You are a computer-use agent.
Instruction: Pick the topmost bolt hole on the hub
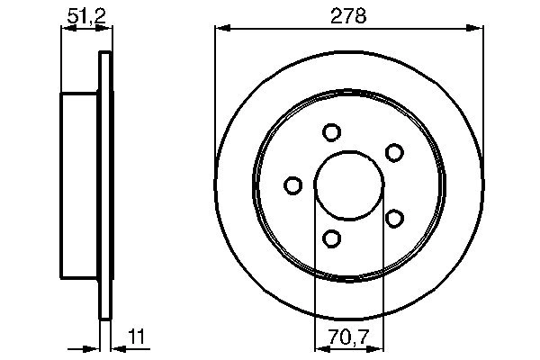click(x=331, y=133)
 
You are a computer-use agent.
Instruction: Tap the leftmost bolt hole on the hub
click(x=292, y=186)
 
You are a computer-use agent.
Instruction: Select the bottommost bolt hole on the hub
click(x=331, y=238)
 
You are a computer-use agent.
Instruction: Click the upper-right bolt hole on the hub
click(x=393, y=152)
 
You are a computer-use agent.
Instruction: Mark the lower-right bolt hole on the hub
click(x=393, y=219)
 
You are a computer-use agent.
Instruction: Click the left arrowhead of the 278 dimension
click(x=220, y=29)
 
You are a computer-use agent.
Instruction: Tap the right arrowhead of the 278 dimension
click(x=476, y=29)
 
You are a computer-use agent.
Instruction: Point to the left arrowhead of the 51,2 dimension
click(x=66, y=29)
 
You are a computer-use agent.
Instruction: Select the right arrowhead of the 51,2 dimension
click(x=109, y=29)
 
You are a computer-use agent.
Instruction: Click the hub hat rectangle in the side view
click(x=78, y=186)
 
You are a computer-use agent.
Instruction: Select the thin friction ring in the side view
click(x=105, y=186)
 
